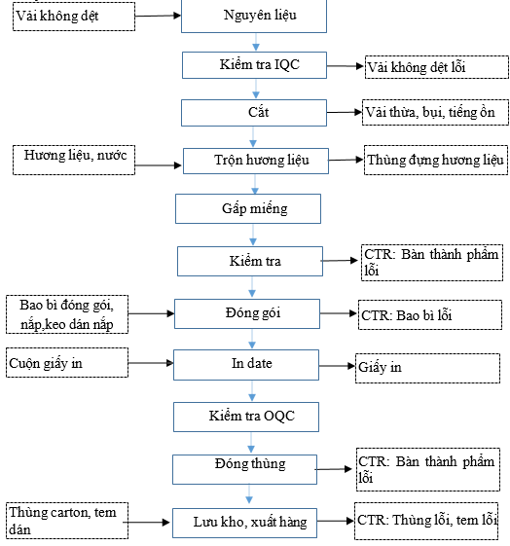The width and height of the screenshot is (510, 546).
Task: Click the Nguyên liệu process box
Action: (x=254, y=16)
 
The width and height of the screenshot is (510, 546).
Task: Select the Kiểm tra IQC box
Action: (x=254, y=65)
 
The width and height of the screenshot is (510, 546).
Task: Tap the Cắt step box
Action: (x=254, y=113)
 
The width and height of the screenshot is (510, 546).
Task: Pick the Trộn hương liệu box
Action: (x=256, y=161)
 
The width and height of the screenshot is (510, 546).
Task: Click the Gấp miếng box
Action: (x=248, y=208)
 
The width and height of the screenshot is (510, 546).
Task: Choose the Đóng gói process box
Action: (x=247, y=313)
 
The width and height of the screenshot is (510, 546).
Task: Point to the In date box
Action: (x=246, y=365)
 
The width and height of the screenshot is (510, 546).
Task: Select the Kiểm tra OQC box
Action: (x=246, y=418)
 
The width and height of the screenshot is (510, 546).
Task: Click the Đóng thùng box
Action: (x=244, y=469)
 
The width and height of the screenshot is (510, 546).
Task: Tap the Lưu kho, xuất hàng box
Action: (x=244, y=523)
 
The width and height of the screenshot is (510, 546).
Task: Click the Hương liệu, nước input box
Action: (x=74, y=161)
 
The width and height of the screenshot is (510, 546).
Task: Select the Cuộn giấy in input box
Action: (x=67, y=362)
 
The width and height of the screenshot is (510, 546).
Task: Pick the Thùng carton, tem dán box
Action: (x=67, y=521)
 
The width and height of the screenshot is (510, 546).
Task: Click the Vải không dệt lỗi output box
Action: (x=437, y=67)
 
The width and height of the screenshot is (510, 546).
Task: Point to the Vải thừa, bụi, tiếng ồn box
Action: (x=435, y=113)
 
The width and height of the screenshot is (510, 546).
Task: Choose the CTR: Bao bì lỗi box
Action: (x=430, y=314)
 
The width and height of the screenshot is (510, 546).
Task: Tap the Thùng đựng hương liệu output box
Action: (x=436, y=161)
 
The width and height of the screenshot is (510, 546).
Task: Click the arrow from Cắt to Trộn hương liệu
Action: (x=253, y=137)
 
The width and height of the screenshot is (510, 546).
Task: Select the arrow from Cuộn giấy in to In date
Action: (x=151, y=363)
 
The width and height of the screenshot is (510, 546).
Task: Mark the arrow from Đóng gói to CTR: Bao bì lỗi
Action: (x=339, y=313)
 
